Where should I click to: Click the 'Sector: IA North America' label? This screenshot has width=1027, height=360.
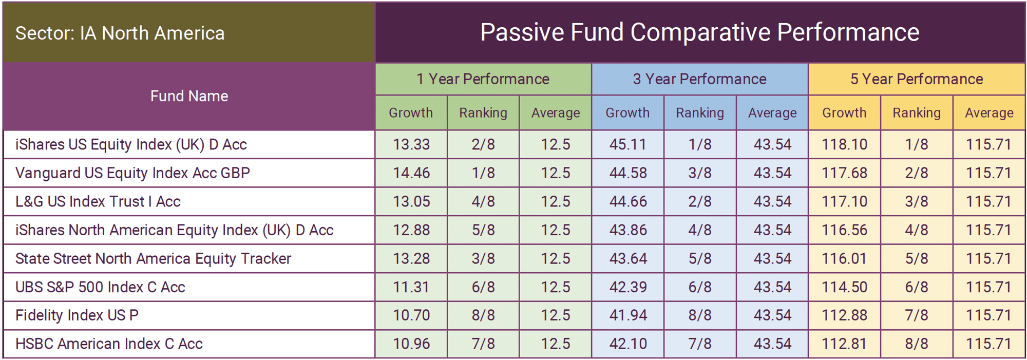point(120,33)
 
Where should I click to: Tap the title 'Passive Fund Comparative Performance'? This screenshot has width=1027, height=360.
point(699,32)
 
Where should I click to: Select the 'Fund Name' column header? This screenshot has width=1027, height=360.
point(189,96)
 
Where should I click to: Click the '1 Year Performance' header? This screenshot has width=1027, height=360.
point(483,79)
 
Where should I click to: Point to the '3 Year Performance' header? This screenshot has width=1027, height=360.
point(699,79)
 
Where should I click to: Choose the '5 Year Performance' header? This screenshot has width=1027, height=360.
point(917,79)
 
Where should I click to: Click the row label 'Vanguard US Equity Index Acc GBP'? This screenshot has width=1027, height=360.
point(132,173)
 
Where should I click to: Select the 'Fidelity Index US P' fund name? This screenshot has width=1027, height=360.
point(77,315)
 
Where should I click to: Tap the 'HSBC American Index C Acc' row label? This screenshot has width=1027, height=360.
point(109,344)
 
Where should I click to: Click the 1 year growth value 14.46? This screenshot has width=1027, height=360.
point(411,173)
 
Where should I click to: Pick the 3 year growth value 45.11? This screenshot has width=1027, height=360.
point(627,144)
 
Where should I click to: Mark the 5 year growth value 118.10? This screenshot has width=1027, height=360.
point(844,144)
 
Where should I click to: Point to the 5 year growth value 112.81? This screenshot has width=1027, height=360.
point(844,344)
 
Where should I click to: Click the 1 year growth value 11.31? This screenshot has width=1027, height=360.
point(411,287)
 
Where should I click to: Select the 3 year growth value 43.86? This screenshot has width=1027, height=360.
point(627,230)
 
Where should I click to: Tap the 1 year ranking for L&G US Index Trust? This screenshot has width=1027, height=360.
point(483,201)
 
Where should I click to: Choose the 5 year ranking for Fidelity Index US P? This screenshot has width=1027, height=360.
point(917,315)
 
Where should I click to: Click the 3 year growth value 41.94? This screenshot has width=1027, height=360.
point(627,315)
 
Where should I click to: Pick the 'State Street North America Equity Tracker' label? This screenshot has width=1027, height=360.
point(153,258)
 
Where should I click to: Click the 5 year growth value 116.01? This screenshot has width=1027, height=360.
point(844,258)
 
